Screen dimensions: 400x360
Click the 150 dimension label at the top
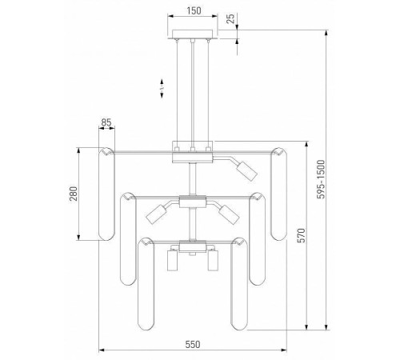194,10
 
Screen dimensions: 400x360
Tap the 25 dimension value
231,18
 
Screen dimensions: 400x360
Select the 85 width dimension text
106,122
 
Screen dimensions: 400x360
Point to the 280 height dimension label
74,194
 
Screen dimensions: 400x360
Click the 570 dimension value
302,235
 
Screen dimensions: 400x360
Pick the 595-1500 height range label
322,179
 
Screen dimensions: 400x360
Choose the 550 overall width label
193,345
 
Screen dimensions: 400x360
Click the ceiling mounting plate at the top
193,34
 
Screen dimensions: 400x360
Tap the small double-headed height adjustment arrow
162,88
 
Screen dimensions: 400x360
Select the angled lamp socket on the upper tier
247,171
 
